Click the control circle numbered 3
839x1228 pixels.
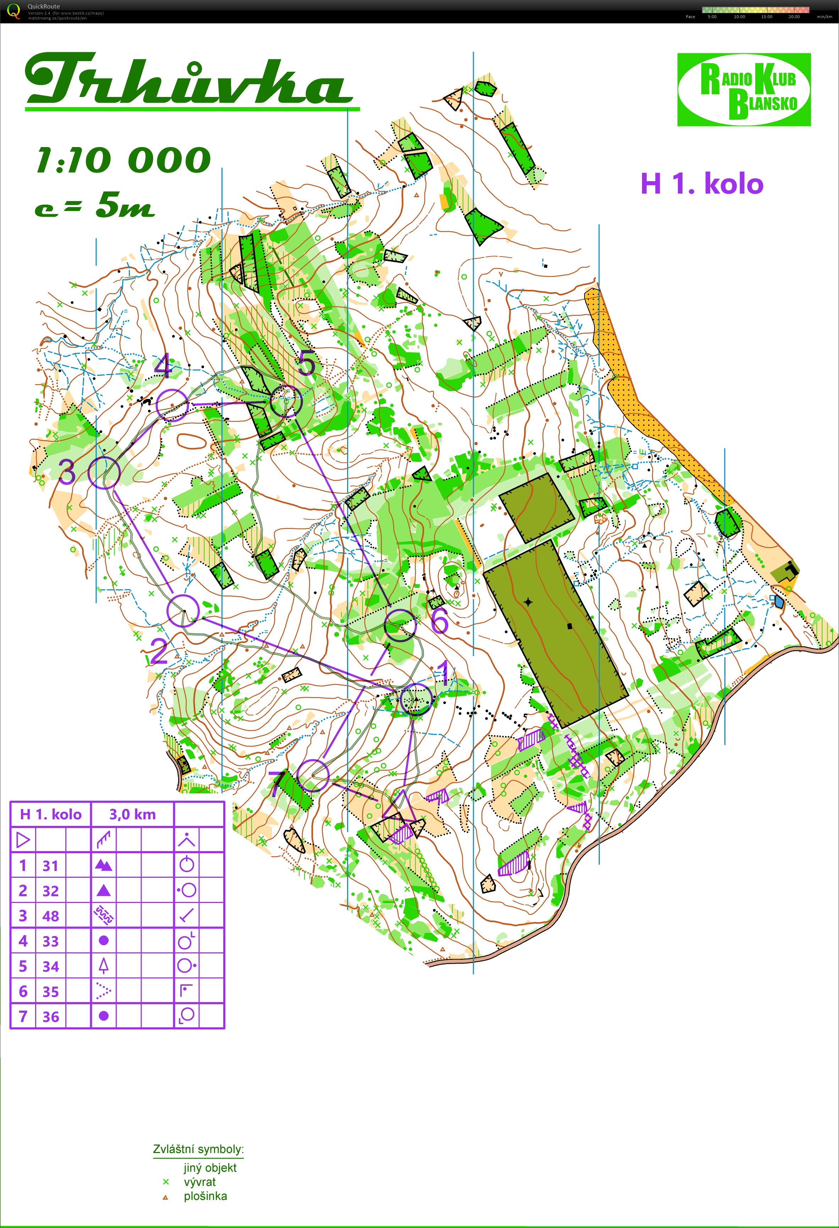tap(104, 472)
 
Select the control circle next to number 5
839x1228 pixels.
tap(286, 402)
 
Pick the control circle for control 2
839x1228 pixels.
tap(183, 610)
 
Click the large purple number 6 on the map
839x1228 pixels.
tap(439, 620)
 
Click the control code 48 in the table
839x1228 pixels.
tap(51, 916)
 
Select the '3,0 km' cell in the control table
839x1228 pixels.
tap(132, 814)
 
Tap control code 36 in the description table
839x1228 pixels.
tap(51, 1017)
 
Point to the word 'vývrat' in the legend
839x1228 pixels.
tap(199, 1182)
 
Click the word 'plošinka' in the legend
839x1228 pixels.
tap(205, 1196)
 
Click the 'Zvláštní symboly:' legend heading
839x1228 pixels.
tap(198, 1149)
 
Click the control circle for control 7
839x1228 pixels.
tap(313, 775)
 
